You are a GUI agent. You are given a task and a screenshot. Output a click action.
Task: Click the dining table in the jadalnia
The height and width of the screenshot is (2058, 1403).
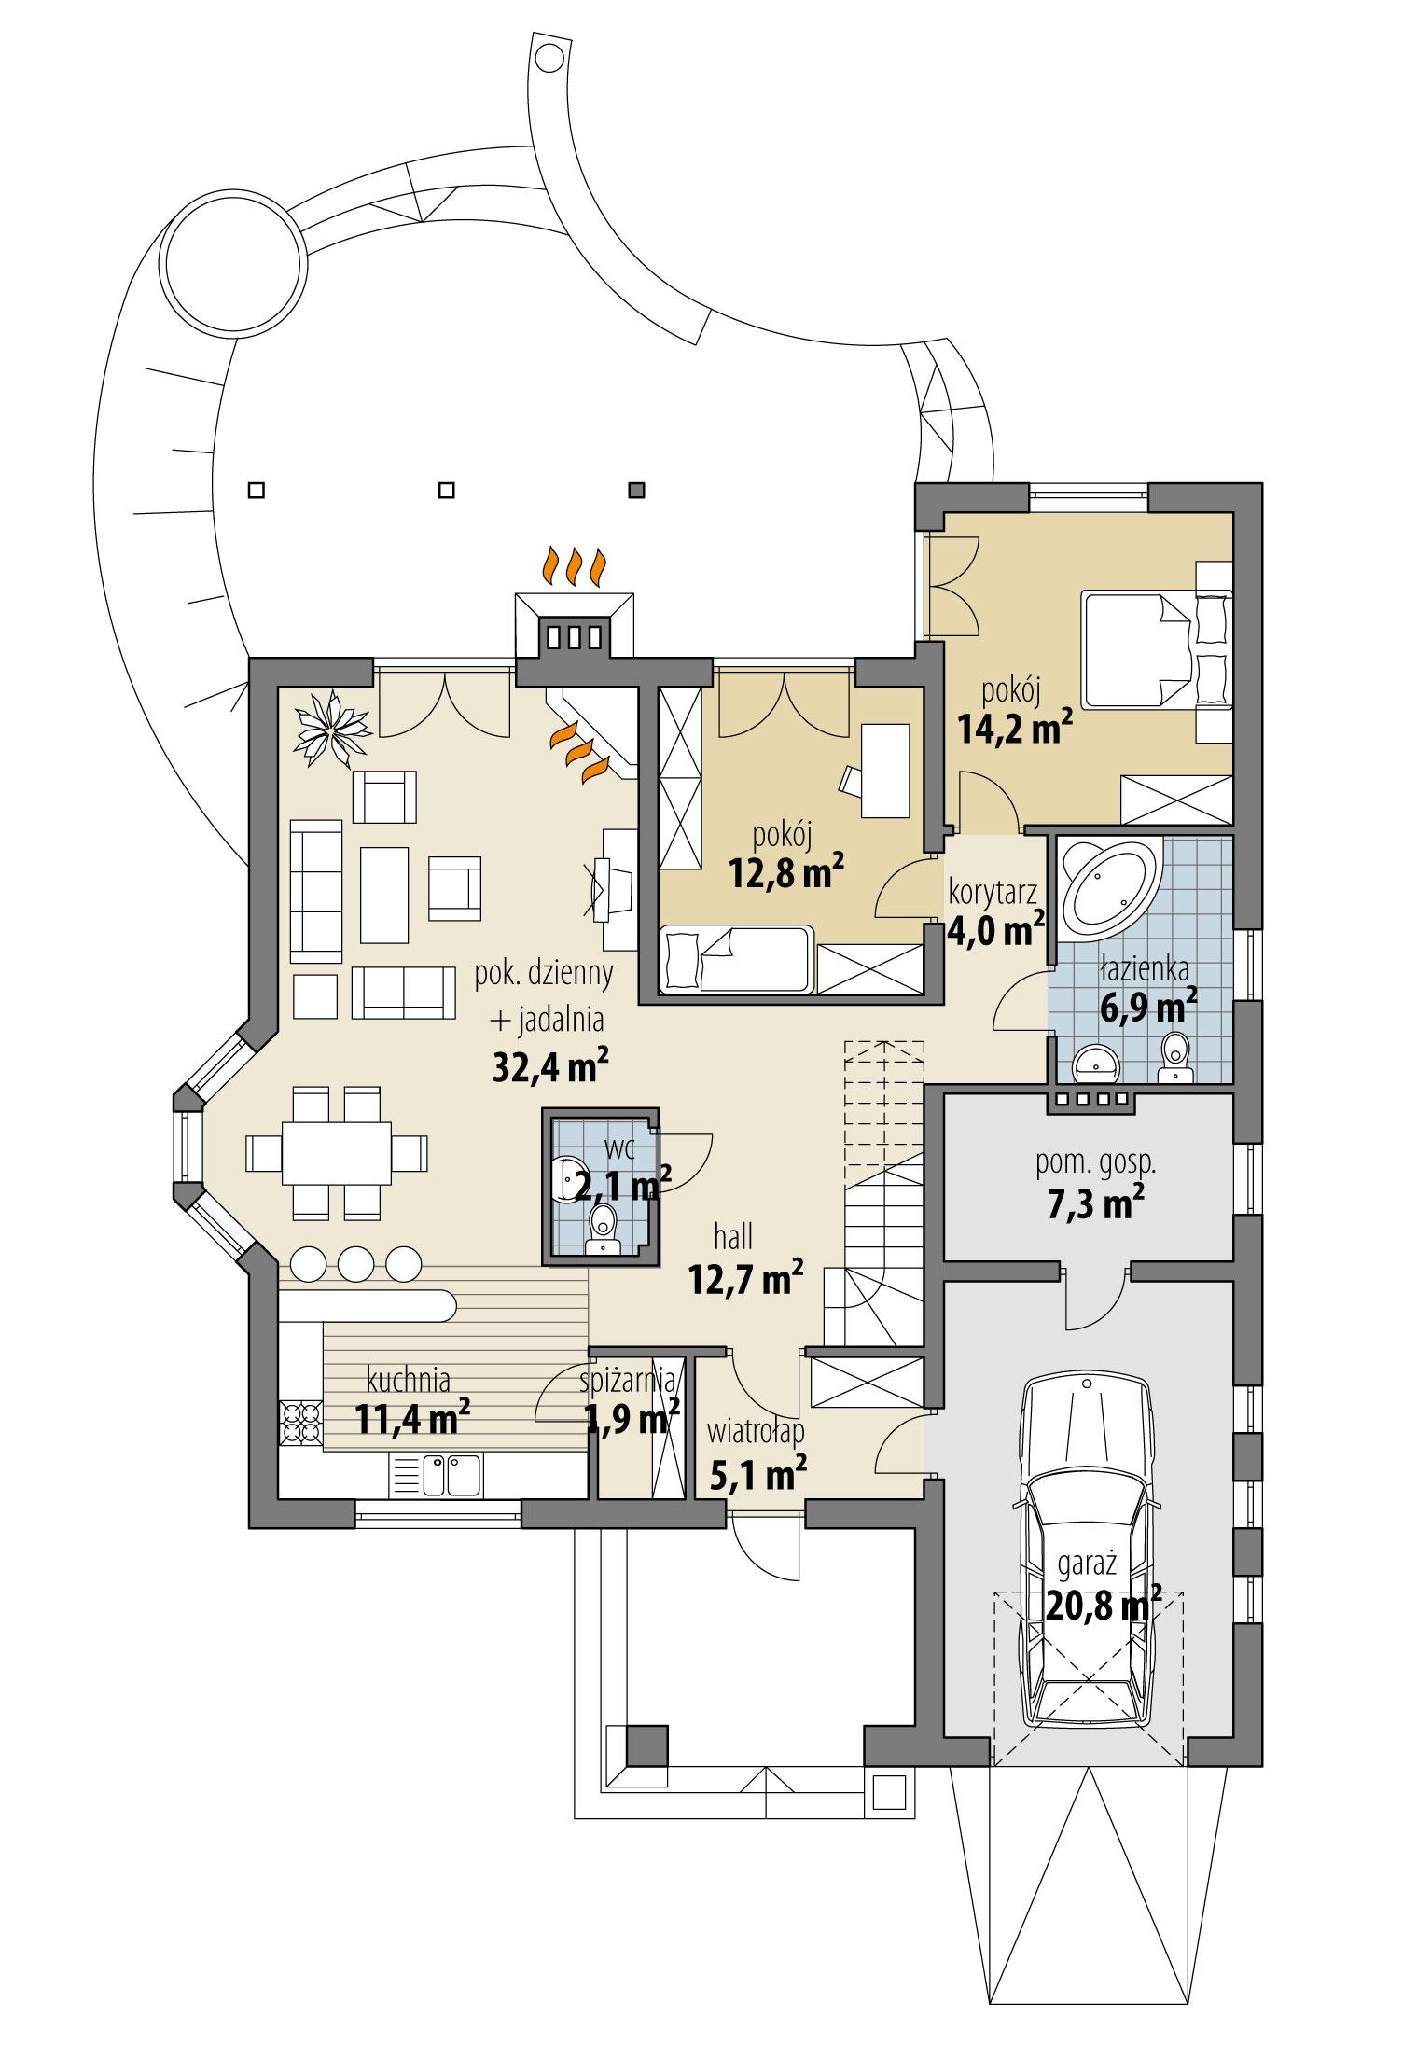(337, 1154)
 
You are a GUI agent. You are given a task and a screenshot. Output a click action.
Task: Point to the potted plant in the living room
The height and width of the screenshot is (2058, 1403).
(331, 729)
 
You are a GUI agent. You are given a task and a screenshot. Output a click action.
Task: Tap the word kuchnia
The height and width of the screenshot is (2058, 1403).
(409, 1378)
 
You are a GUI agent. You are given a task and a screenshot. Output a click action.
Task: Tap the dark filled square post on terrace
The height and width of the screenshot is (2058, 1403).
(637, 489)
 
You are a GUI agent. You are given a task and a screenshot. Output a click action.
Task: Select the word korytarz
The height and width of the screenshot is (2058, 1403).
(993, 891)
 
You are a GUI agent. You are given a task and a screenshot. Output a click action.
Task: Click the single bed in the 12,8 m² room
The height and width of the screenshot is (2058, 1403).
(737, 959)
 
